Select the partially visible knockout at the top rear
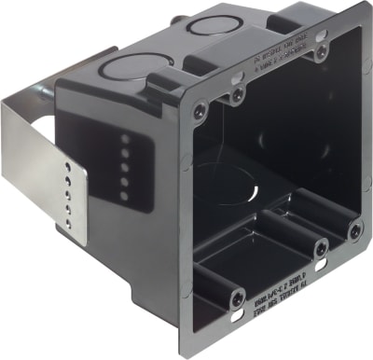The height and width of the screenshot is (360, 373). (214, 25)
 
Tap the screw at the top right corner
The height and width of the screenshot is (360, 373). (321, 53)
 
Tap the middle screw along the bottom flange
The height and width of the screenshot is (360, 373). (321, 249)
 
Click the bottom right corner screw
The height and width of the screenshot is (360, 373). (355, 228)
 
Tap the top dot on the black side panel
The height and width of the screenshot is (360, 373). (125, 138)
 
